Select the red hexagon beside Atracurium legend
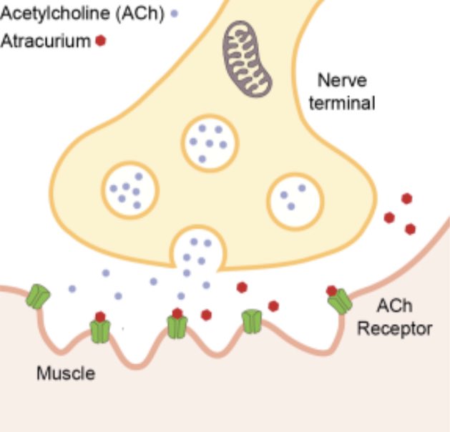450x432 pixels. point(101,41)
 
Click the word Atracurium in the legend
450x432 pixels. point(45,41)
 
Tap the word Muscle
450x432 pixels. point(66,373)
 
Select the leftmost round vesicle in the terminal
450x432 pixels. point(129,189)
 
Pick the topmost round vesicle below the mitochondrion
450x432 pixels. point(209,142)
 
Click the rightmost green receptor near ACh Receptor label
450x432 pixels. point(340,301)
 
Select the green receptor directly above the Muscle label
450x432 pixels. point(100,331)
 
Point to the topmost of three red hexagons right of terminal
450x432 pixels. point(406,199)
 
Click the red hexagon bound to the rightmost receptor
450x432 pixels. point(332,290)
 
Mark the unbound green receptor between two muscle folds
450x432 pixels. point(251,321)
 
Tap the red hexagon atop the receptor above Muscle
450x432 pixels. point(100,317)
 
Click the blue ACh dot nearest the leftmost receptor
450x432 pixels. point(72,289)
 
